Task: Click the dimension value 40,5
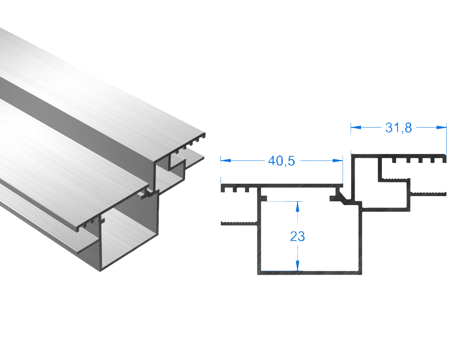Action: pos(281,161)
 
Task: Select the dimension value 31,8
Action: pos(398,127)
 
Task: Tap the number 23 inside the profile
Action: pos(298,236)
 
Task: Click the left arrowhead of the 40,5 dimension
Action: pos(227,161)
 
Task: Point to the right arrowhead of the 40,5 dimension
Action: pos(337,161)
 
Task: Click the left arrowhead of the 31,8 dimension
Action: pos(357,127)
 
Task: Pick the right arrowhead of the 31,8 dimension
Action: pos(441,127)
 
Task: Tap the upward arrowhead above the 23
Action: pos(298,206)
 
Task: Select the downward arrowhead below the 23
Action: pos(298,266)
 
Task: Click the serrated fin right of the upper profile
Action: pos(428,193)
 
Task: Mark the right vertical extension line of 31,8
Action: pos(446,137)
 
